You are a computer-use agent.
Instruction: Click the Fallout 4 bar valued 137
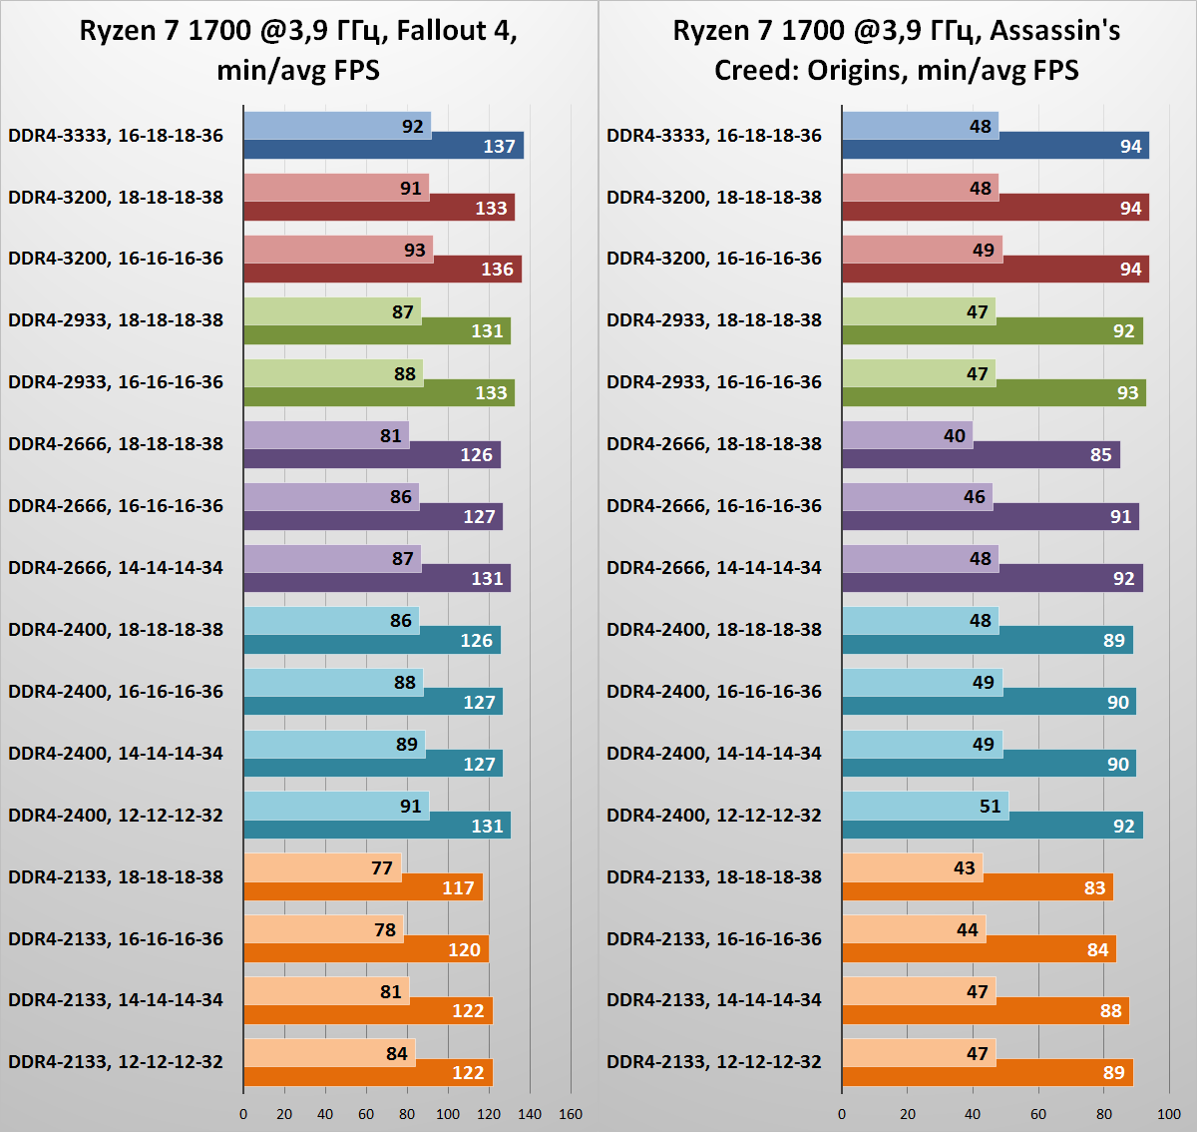pos(383,146)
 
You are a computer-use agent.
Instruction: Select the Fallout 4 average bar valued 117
pos(363,887)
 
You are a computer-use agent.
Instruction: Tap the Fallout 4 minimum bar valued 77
pos(322,867)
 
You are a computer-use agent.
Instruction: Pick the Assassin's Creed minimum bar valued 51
pos(925,806)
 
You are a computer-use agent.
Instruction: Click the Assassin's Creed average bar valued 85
pos(981,455)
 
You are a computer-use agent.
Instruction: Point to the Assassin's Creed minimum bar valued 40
pos(907,435)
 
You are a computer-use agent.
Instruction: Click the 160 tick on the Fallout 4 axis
pos(571,1114)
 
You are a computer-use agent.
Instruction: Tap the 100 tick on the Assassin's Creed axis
pos(1169,1114)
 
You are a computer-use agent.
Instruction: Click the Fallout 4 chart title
pos(298,50)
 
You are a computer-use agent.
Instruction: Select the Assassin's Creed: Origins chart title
pos(897,50)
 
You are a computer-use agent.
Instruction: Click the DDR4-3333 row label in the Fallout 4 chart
pos(116,136)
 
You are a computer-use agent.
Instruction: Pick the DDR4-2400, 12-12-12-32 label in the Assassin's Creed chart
pos(714,816)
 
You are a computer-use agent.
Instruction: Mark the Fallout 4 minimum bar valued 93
pos(338,250)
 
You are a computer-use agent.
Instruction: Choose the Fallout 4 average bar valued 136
pos(382,270)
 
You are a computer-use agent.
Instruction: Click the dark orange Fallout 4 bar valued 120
pos(366,949)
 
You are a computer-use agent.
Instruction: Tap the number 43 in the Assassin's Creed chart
pos(964,868)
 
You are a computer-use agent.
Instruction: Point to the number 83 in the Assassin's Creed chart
pos(1094,888)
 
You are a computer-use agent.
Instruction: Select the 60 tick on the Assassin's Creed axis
pos(1038,1114)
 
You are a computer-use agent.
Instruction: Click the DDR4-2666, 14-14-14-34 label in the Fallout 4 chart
pos(116,568)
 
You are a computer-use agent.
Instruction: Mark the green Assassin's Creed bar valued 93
pos(994,393)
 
